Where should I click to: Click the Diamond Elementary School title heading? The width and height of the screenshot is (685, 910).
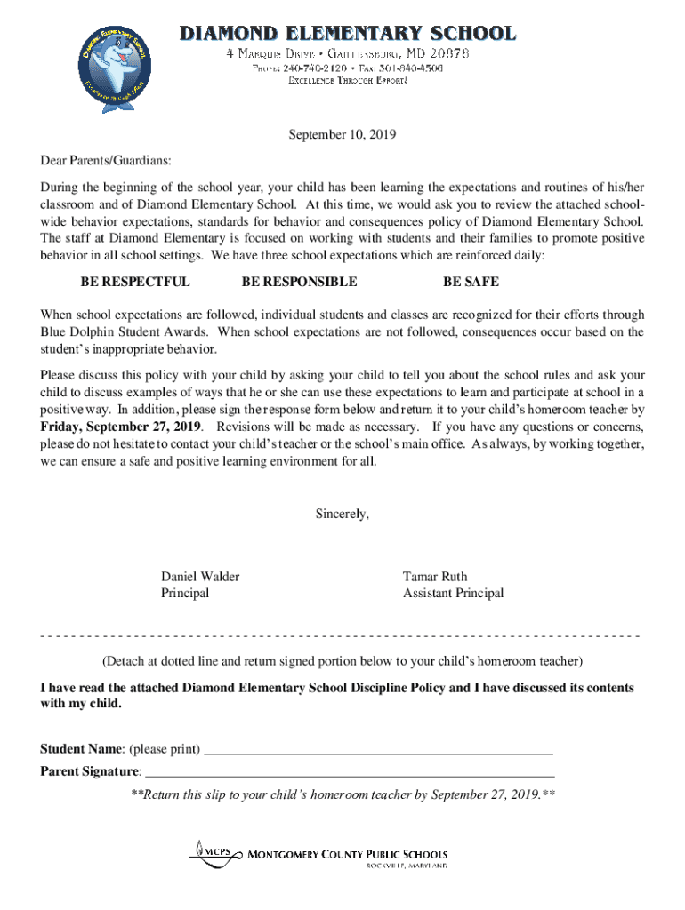348,34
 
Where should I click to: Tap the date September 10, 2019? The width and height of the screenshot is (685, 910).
342,136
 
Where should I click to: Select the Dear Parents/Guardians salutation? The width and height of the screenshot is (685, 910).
106,162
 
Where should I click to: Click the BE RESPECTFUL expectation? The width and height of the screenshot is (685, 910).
135,282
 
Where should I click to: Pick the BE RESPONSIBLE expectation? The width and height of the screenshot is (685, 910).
299,282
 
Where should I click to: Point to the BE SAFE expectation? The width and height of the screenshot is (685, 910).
471,282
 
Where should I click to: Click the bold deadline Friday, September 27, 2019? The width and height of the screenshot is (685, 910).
120,427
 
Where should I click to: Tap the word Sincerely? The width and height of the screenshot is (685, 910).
342,514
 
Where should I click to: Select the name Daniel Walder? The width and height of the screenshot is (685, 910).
199,577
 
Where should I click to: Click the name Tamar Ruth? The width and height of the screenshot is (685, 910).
434,577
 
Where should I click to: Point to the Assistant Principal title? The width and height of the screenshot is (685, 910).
453,593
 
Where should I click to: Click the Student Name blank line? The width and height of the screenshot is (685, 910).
378,752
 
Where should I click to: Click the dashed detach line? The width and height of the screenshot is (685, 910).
342,636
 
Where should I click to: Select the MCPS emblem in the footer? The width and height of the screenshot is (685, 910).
214,852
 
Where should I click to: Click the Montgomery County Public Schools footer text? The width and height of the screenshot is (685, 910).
347,854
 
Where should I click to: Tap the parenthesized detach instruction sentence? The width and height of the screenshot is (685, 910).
342,661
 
